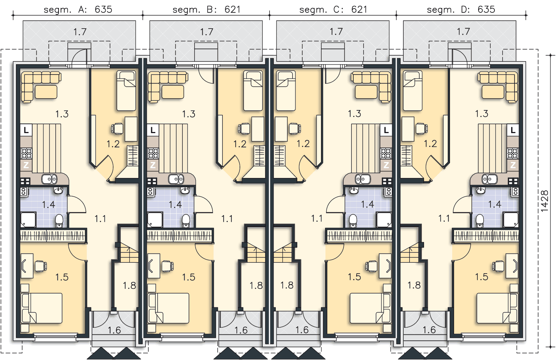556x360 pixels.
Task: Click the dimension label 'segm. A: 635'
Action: pyautogui.click(x=78, y=9)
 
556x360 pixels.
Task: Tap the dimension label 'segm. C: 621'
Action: pyautogui.click(x=333, y=9)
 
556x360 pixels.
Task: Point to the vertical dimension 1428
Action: pyautogui.click(x=545, y=201)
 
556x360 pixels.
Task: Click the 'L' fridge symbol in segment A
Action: pyautogui.click(x=26, y=130)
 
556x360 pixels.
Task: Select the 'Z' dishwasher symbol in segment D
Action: pyautogui.click(x=513, y=165)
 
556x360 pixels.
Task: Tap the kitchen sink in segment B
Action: pyautogui.click(x=176, y=179)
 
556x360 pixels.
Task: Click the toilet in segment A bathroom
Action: pyautogui.click(x=59, y=221)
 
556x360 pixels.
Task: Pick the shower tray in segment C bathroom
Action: pyautogui.click(x=384, y=219)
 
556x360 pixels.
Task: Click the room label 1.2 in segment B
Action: pyautogui.click(x=240, y=144)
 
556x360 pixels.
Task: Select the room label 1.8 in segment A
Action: pyautogui.click(x=129, y=285)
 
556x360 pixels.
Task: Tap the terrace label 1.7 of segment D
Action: pyautogui.click(x=463, y=32)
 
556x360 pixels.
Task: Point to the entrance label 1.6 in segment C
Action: pyautogui.click(x=302, y=330)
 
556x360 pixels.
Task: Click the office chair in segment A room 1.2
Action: pyautogui.click(x=117, y=129)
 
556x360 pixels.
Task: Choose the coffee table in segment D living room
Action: pyautogui.click(x=493, y=92)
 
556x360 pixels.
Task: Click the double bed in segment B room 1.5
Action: pyautogui.click(x=168, y=308)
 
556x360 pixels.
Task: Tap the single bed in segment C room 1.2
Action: pyautogui.click(x=286, y=90)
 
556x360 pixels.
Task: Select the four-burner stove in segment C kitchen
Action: pyautogui.click(x=386, y=153)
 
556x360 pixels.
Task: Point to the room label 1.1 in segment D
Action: pyautogui.click(x=444, y=218)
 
